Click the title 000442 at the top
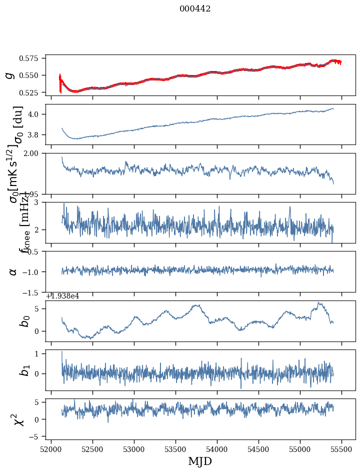pyautogui.click(x=195, y=9)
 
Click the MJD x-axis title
pyautogui.click(x=200, y=461)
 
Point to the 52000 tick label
pyautogui.click(x=51, y=448)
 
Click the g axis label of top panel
pyautogui.click(x=9, y=75)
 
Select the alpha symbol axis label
pyautogui.click(x=13, y=271)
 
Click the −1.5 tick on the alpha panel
pyautogui.click(x=35, y=292)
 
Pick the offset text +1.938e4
pyautogui.click(x=62, y=296)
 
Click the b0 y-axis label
pyautogui.click(x=24, y=320)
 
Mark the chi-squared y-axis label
pyautogui.click(x=19, y=419)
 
